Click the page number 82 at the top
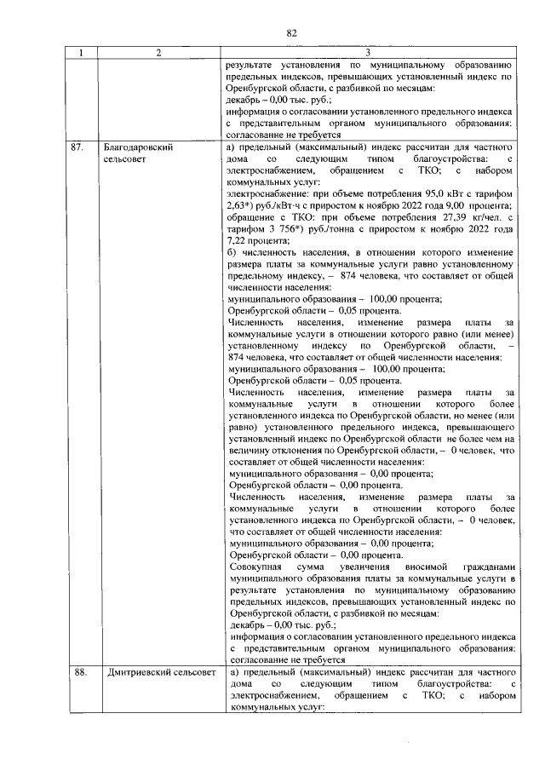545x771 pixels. coord(291,33)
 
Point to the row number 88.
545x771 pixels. coord(80,672)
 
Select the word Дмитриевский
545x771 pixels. coord(138,672)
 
